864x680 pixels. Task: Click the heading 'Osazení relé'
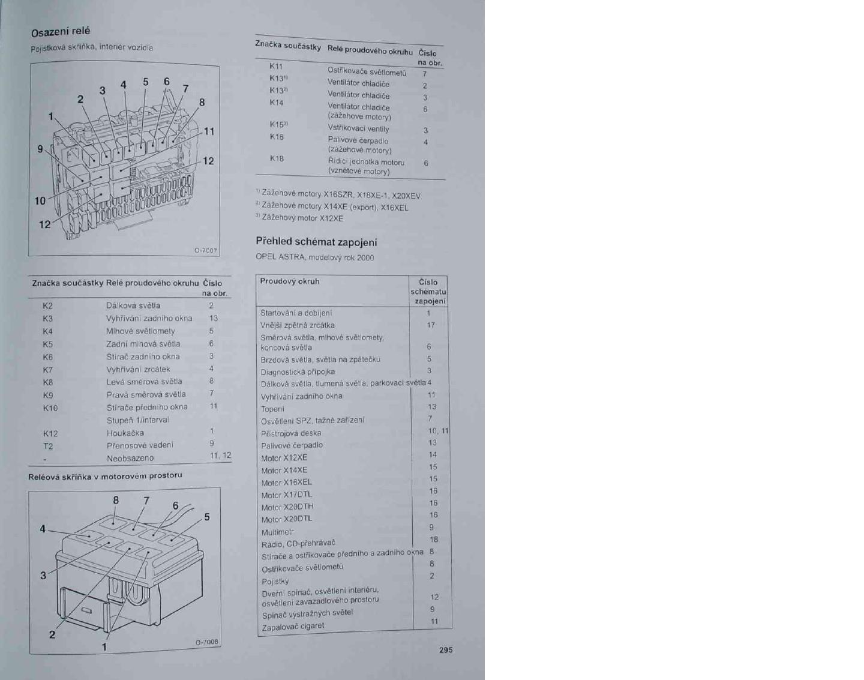click(x=61, y=31)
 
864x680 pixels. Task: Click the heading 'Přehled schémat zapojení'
click(x=316, y=242)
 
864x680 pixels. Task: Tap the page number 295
click(x=446, y=650)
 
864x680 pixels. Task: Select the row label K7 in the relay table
click(x=48, y=370)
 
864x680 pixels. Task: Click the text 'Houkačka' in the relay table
click(x=125, y=433)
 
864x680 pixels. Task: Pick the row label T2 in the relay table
click(x=48, y=446)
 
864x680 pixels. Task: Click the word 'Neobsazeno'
click(x=130, y=459)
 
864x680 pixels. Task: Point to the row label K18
click(x=277, y=158)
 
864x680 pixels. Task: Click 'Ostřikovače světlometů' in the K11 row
click(x=367, y=73)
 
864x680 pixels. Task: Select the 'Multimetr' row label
click(x=278, y=532)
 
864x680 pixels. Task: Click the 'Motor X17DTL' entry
click(x=287, y=495)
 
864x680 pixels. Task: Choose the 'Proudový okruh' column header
click(x=290, y=281)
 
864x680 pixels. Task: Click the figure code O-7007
click(x=206, y=251)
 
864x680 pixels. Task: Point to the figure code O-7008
click(x=207, y=642)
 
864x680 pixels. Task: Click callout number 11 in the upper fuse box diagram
click(x=209, y=131)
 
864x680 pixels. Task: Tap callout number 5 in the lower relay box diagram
click(x=207, y=517)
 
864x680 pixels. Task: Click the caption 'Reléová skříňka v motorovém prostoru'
click(x=105, y=477)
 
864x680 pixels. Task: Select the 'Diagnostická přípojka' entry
click(x=298, y=372)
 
